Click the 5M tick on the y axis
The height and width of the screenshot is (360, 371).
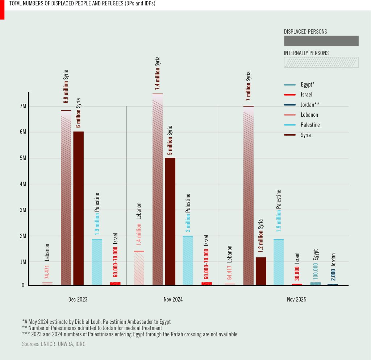[23, 158]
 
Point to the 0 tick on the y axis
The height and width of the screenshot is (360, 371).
[23, 285]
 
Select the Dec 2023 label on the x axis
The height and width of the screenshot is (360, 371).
[78, 299]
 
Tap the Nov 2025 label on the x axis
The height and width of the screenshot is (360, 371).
[296, 299]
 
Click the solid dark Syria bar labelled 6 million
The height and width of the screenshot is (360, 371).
[78, 208]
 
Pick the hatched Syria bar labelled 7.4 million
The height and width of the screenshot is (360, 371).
[158, 189]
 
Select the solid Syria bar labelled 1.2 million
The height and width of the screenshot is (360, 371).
[261, 271]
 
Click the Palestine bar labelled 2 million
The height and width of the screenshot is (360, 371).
[188, 261]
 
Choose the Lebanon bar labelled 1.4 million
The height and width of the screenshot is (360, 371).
[139, 268]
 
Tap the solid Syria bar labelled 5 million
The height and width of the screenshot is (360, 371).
[170, 222]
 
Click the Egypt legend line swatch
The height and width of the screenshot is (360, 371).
[290, 85]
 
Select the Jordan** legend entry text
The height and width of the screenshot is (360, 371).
[310, 105]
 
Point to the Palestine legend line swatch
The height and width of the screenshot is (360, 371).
[290, 125]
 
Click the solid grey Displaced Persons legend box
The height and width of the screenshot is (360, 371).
[321, 41]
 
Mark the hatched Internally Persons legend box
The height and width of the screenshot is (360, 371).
[321, 62]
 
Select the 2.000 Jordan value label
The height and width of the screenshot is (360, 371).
[333, 274]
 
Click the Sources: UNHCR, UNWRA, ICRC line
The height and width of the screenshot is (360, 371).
[54, 344]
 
